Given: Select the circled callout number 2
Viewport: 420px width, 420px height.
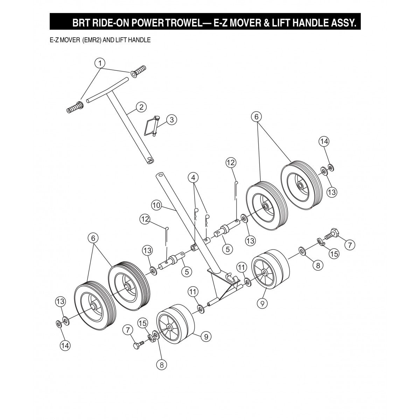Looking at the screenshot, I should [141, 107].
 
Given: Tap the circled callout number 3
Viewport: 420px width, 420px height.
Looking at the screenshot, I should [171, 120].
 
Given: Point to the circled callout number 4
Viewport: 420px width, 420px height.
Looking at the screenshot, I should [193, 178].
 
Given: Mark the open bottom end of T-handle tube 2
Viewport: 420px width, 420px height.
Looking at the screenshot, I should [150, 161].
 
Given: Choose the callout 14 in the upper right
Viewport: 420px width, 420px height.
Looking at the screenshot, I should [324, 141].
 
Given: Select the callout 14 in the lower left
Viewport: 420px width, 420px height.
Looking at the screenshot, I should [65, 345].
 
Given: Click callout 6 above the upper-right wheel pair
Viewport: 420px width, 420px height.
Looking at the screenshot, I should [256, 116].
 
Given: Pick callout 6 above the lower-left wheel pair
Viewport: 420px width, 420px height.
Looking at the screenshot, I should [93, 238].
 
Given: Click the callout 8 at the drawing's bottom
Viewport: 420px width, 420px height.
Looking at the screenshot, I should [161, 364].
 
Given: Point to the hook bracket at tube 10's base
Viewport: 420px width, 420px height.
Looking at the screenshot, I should [229, 278].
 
